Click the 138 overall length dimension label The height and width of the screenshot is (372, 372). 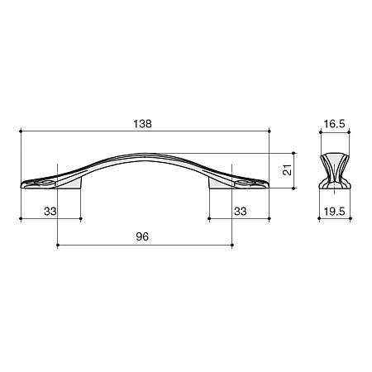142,124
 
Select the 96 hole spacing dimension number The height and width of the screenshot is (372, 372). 142,236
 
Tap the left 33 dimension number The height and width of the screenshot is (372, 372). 50,212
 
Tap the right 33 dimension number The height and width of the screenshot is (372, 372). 241,212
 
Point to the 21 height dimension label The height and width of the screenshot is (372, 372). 287,170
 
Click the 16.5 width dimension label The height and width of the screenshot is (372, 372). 334,124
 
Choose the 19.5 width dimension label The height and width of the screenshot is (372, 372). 334,212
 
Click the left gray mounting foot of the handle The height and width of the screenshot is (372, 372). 70,184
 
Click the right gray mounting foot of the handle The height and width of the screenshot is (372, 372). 220,184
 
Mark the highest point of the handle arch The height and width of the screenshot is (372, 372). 145,154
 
